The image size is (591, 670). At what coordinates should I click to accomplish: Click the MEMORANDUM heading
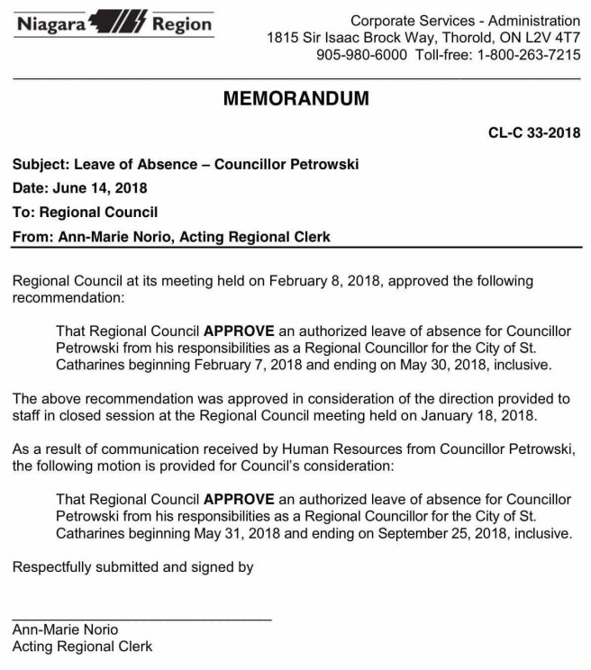[295, 99]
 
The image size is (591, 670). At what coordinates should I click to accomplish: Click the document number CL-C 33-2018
[534, 133]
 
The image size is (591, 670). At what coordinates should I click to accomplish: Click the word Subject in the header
[39, 165]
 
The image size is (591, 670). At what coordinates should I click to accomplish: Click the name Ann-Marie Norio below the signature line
[65, 629]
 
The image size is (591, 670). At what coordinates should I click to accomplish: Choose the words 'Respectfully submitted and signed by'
[132, 567]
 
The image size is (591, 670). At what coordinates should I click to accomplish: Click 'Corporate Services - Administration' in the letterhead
[465, 21]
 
